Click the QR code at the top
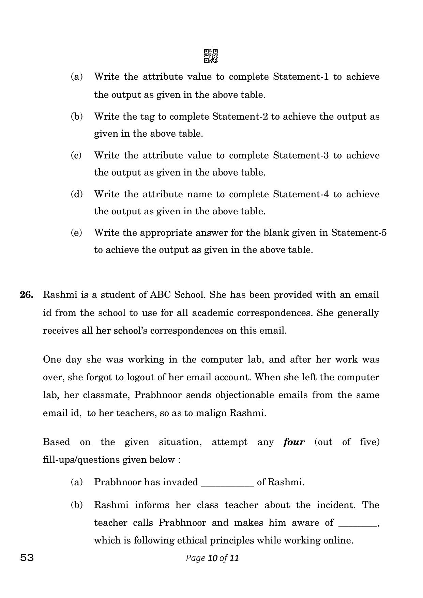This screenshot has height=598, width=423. pos(211,56)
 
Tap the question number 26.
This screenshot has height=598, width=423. pos(27,295)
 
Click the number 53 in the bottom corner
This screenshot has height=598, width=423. pos(27,558)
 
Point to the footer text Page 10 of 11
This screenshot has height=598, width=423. pos(212,558)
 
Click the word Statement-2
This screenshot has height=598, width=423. pos(240,117)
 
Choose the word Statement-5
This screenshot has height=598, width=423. pos(359,233)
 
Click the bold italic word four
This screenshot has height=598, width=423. pos(294,442)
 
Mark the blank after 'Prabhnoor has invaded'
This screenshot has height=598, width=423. pos(228,482)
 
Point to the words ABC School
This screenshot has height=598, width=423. pos(177,295)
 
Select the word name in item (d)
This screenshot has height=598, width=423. pos(200,194)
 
